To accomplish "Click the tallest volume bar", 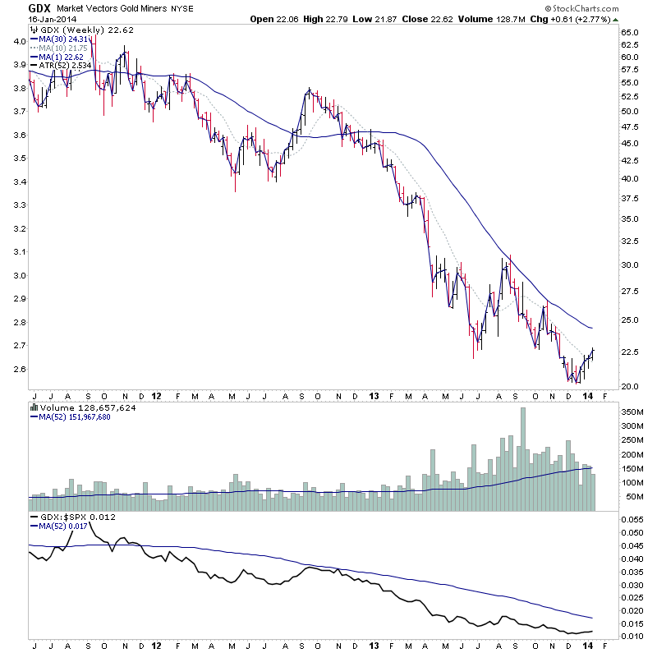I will pyautogui.click(x=523, y=460).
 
